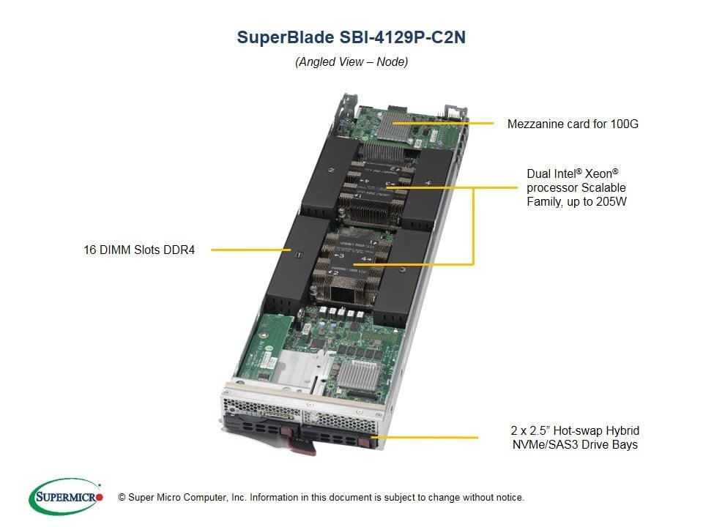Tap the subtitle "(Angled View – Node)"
click(351, 61)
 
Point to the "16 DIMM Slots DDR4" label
click(139, 250)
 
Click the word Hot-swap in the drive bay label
click(576, 430)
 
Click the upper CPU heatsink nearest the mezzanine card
click(381, 183)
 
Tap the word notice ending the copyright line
click(510, 498)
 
